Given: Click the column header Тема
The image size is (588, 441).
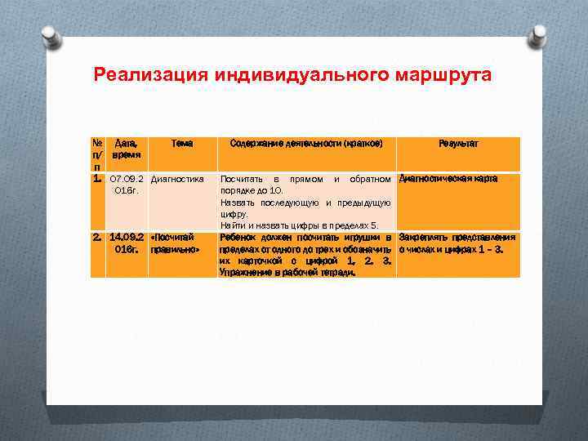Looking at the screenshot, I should [181, 143].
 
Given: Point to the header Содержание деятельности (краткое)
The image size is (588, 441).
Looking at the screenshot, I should [306, 143].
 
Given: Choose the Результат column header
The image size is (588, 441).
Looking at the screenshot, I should [458, 143].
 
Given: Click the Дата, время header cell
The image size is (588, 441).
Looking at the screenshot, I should [127, 149].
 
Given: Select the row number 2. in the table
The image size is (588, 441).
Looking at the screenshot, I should [96, 238].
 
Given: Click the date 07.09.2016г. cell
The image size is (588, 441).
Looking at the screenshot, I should [127, 185].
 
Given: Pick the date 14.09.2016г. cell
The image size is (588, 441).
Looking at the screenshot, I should [127, 243].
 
